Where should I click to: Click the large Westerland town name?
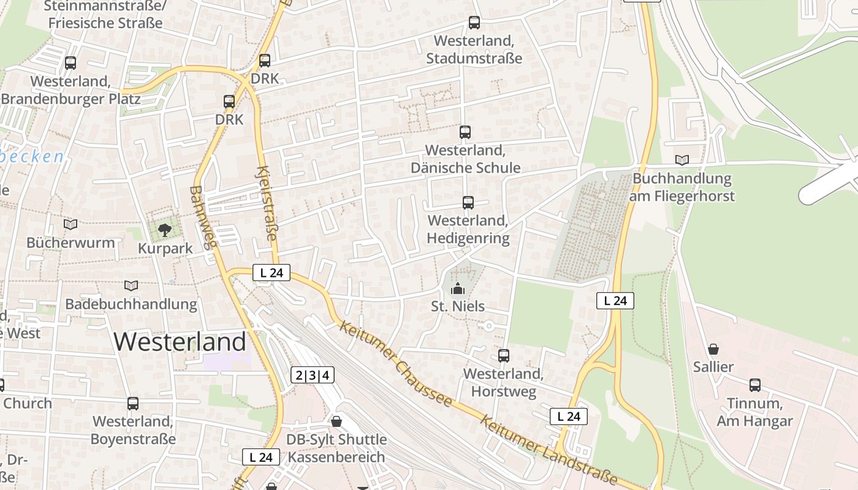pyautogui.click(x=180, y=341)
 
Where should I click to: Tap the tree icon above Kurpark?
pyautogui.click(x=164, y=230)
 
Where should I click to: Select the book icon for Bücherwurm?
pyautogui.click(x=70, y=225)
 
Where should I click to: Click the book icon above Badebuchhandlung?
pyautogui.click(x=131, y=285)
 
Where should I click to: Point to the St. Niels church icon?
pyautogui.click(x=457, y=288)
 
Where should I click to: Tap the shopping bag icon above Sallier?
pyautogui.click(x=713, y=349)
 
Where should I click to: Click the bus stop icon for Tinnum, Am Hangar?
pyautogui.click(x=754, y=385)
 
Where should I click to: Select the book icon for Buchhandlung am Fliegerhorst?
pyautogui.click(x=681, y=160)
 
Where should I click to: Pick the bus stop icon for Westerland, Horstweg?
pyautogui.click(x=503, y=355)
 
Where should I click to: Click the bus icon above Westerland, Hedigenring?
pyautogui.click(x=468, y=202)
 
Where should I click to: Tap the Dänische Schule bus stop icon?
pyautogui.click(x=465, y=132)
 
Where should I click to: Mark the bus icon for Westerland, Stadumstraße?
pyautogui.click(x=474, y=23)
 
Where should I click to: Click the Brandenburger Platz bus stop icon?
pyautogui.click(x=70, y=62)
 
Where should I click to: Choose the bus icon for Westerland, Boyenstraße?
pyautogui.click(x=133, y=404)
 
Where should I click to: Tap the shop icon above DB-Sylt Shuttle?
pyautogui.click(x=336, y=421)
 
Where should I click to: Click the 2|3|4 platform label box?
pyautogui.click(x=313, y=375)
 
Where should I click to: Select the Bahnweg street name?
pyautogui.click(x=203, y=217)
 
